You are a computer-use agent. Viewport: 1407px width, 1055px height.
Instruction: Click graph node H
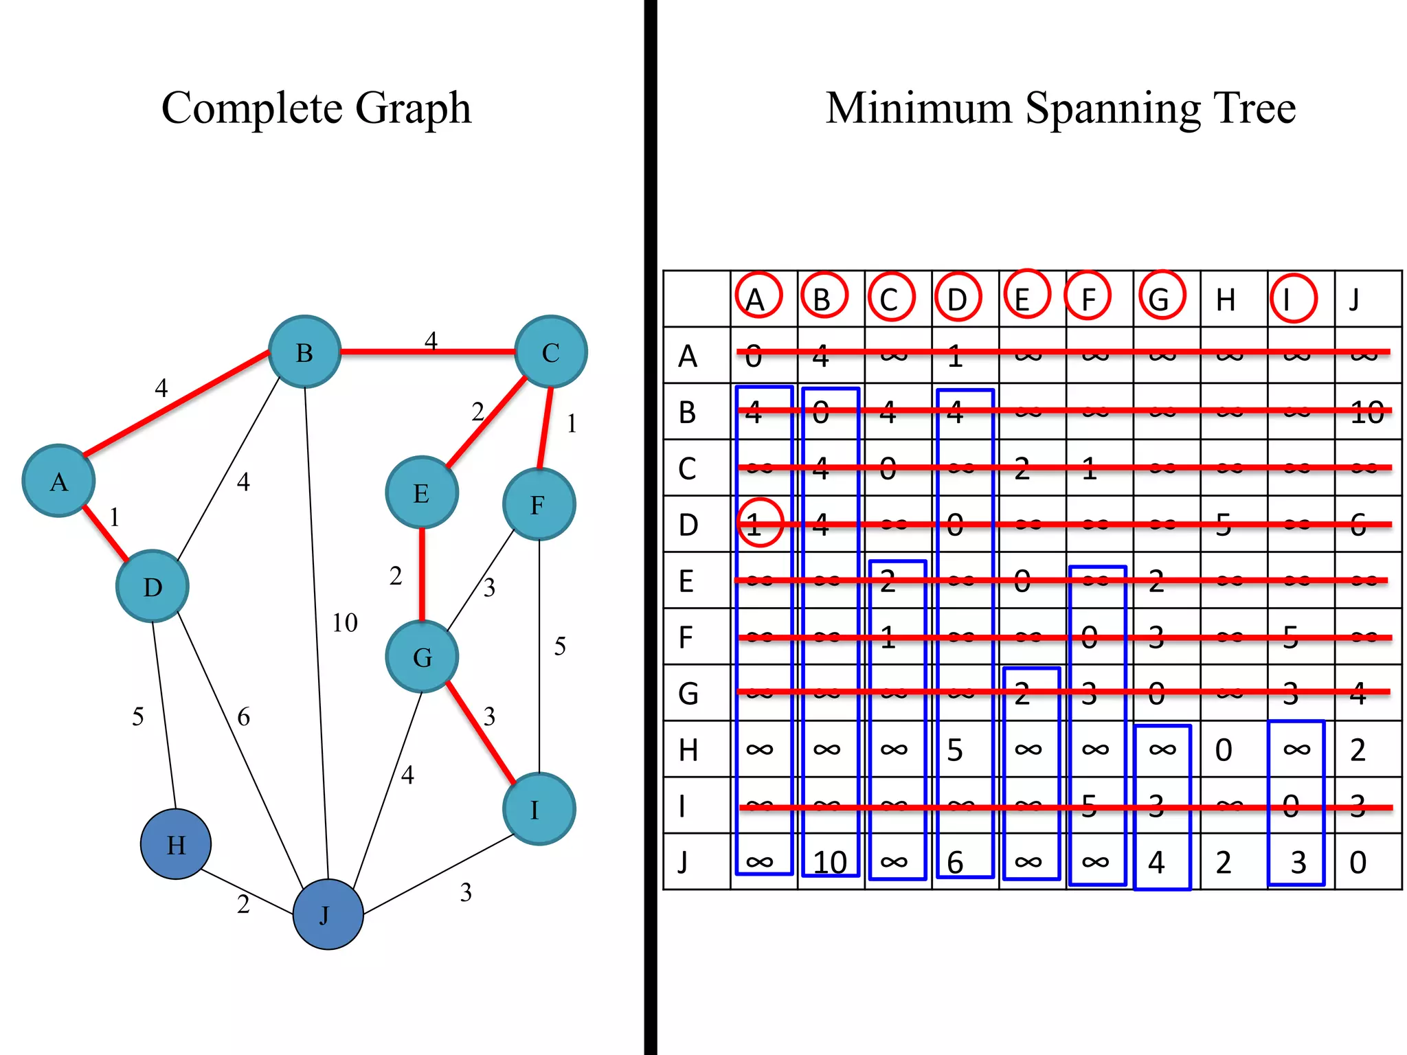pos(176,844)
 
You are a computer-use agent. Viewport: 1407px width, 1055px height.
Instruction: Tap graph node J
pos(328,914)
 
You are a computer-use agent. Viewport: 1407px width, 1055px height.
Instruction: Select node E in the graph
pos(422,492)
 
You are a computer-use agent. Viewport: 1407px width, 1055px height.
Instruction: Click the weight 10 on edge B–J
pos(345,623)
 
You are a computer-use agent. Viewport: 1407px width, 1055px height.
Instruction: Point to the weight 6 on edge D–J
pos(243,717)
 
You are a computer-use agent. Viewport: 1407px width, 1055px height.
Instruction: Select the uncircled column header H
pos(1226,300)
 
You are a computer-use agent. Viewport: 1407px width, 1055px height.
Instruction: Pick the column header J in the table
pos(1354,300)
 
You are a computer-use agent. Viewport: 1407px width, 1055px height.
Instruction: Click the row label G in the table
pos(688,693)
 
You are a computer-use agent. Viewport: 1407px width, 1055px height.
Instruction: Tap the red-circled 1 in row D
pos(759,523)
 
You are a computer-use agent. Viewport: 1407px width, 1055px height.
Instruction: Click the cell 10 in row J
pos(829,862)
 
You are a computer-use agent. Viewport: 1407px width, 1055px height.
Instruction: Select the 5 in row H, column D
pos(955,750)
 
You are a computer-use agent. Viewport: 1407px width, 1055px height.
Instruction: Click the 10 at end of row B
pos(1366,413)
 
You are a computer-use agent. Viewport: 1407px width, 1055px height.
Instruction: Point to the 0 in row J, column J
pos(1358,862)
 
